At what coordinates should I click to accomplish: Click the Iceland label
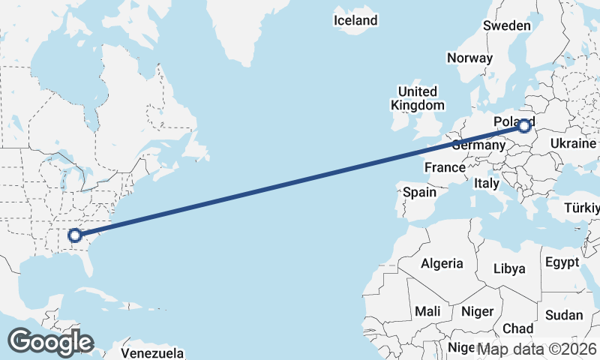click(355, 20)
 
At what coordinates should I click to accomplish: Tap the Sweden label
click(507, 25)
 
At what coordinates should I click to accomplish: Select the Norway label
click(469, 58)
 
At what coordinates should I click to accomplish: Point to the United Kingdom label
click(421, 98)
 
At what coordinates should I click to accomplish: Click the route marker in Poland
click(523, 127)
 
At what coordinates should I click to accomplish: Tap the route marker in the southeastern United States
click(74, 235)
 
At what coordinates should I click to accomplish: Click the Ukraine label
click(573, 143)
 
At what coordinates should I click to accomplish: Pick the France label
click(445, 167)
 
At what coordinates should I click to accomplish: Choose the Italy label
click(487, 183)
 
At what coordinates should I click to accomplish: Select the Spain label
click(419, 192)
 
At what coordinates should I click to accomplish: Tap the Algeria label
click(442, 264)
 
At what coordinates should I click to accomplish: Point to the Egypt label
click(562, 262)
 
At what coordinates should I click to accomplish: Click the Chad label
click(518, 328)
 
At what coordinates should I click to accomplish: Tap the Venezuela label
click(152, 352)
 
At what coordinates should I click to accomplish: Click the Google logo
click(50, 341)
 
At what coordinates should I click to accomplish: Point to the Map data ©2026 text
click(537, 349)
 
